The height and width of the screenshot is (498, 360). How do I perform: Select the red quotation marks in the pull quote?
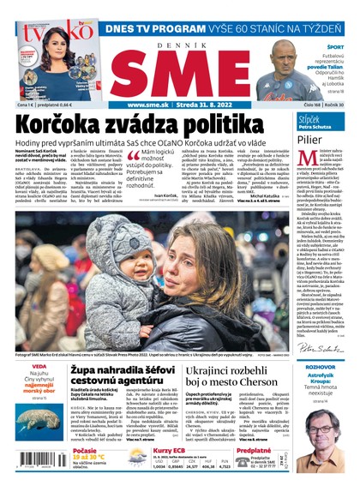[x=133, y=156]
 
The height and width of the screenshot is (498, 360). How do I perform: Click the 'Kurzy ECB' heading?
[x=170, y=450]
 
